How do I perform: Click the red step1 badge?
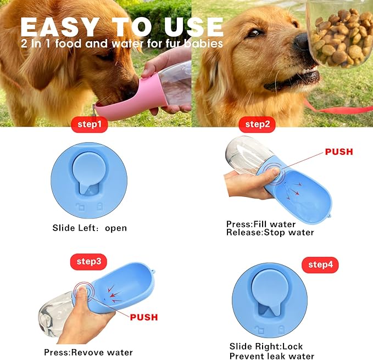click(88, 125)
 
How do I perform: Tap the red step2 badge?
click(257, 125)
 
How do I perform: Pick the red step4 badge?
click(320, 265)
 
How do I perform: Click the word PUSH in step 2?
click(339, 152)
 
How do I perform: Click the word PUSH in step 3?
click(144, 317)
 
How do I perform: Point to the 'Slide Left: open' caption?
click(90, 228)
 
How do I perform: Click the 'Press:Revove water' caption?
click(88, 352)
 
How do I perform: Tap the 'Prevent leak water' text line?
click(272, 356)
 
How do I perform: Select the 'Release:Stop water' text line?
click(270, 232)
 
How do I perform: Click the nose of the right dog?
click(302, 42)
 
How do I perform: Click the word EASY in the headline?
click(61, 26)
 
